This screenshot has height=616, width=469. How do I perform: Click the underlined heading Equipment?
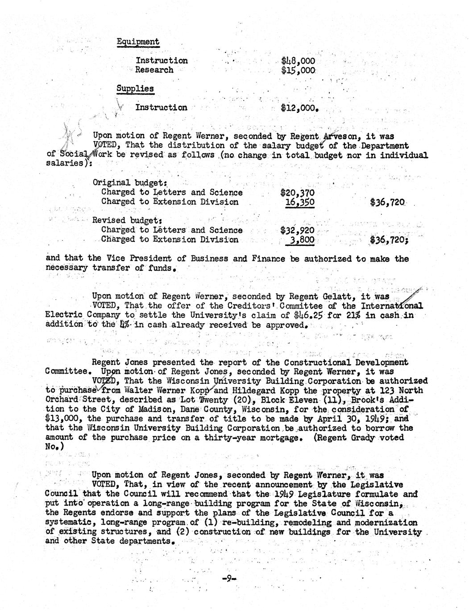tap(138, 42)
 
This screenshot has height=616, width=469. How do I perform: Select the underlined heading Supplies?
tap(135, 88)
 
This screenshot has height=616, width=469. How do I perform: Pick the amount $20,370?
tap(298, 193)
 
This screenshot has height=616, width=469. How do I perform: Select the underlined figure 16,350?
tap(300, 202)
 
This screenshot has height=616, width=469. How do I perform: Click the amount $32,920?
tap(298, 231)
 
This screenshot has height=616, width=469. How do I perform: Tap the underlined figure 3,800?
tap(303, 240)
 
